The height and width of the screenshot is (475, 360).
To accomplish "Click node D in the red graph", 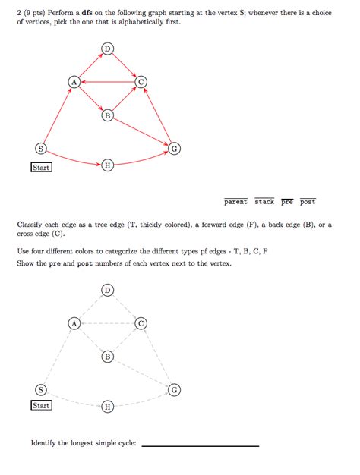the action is coord(107,49).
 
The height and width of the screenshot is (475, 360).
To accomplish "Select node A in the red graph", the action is coord(74,81).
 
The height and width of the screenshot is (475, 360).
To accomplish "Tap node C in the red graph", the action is coord(141,81).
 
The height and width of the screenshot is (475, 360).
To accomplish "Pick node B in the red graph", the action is coord(107,115).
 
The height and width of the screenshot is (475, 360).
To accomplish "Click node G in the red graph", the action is coord(174,148).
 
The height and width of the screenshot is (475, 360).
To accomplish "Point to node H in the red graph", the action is coord(107,165).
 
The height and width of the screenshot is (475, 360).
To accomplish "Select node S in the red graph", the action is coord(41,148).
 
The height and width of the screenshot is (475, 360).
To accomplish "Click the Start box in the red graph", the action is coord(41,167).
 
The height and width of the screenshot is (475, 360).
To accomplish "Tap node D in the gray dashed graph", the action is coord(107,290).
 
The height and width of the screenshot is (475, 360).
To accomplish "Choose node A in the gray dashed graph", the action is coord(74,322).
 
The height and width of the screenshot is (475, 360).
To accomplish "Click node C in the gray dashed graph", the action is coord(141,322).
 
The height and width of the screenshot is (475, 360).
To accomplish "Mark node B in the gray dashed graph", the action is coord(107,356).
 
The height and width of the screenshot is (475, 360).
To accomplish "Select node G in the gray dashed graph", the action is coord(174,389).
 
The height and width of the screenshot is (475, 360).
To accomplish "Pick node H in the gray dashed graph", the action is coord(107,406).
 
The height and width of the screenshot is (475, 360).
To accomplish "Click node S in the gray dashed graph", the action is coord(41,389).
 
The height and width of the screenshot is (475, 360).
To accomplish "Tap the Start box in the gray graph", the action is coord(41,406).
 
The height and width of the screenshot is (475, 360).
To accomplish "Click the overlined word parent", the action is coord(235,202).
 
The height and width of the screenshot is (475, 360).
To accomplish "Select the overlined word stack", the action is coord(264,202).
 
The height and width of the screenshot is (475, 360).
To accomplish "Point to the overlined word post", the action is coord(308,202).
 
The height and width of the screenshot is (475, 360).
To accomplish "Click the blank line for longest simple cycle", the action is coord(200,445).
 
